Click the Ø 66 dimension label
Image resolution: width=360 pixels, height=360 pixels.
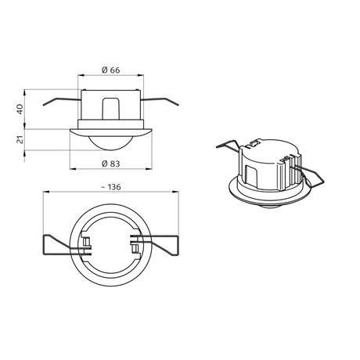(111, 70)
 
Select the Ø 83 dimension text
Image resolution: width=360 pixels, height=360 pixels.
(111, 164)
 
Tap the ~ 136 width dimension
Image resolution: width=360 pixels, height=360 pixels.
(111, 187)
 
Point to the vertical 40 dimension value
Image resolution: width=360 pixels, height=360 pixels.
(20, 109)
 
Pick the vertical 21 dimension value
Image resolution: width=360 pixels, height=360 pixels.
(20, 139)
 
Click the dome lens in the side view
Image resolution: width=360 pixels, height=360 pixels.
(111, 143)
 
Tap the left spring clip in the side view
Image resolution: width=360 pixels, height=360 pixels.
(61, 101)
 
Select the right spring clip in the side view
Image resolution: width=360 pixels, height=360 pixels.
(160, 101)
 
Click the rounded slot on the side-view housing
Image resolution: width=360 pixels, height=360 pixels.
(111, 109)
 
